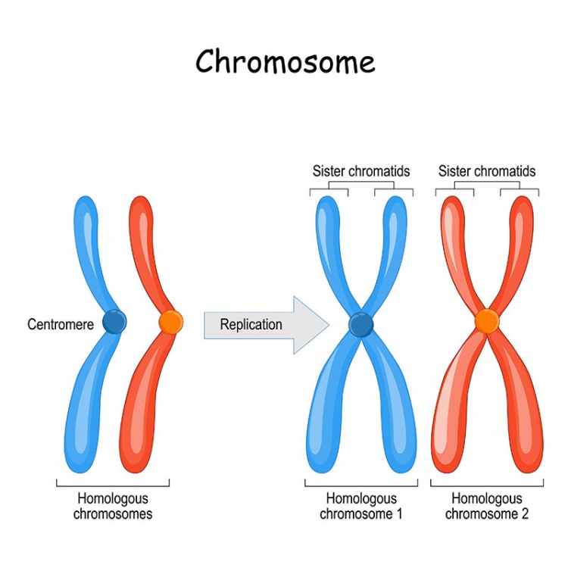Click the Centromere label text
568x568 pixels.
pos(61,325)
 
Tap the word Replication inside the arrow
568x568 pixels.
pos(251,325)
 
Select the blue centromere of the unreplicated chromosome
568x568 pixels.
pos(114,322)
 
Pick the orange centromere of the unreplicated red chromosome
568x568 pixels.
pos(170,322)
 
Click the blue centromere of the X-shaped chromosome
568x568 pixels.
pos(361,325)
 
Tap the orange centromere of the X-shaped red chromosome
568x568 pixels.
pos(487,323)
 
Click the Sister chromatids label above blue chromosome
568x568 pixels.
pos(361,171)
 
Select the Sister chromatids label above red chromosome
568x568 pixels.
pos(487,171)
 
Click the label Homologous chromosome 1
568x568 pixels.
pos(361,507)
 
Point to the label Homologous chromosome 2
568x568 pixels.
pos(487,507)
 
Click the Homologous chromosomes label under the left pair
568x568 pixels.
pos(113,507)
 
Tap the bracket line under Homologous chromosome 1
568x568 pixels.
pos(361,485)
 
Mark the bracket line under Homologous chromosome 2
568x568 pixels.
pos(487,485)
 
